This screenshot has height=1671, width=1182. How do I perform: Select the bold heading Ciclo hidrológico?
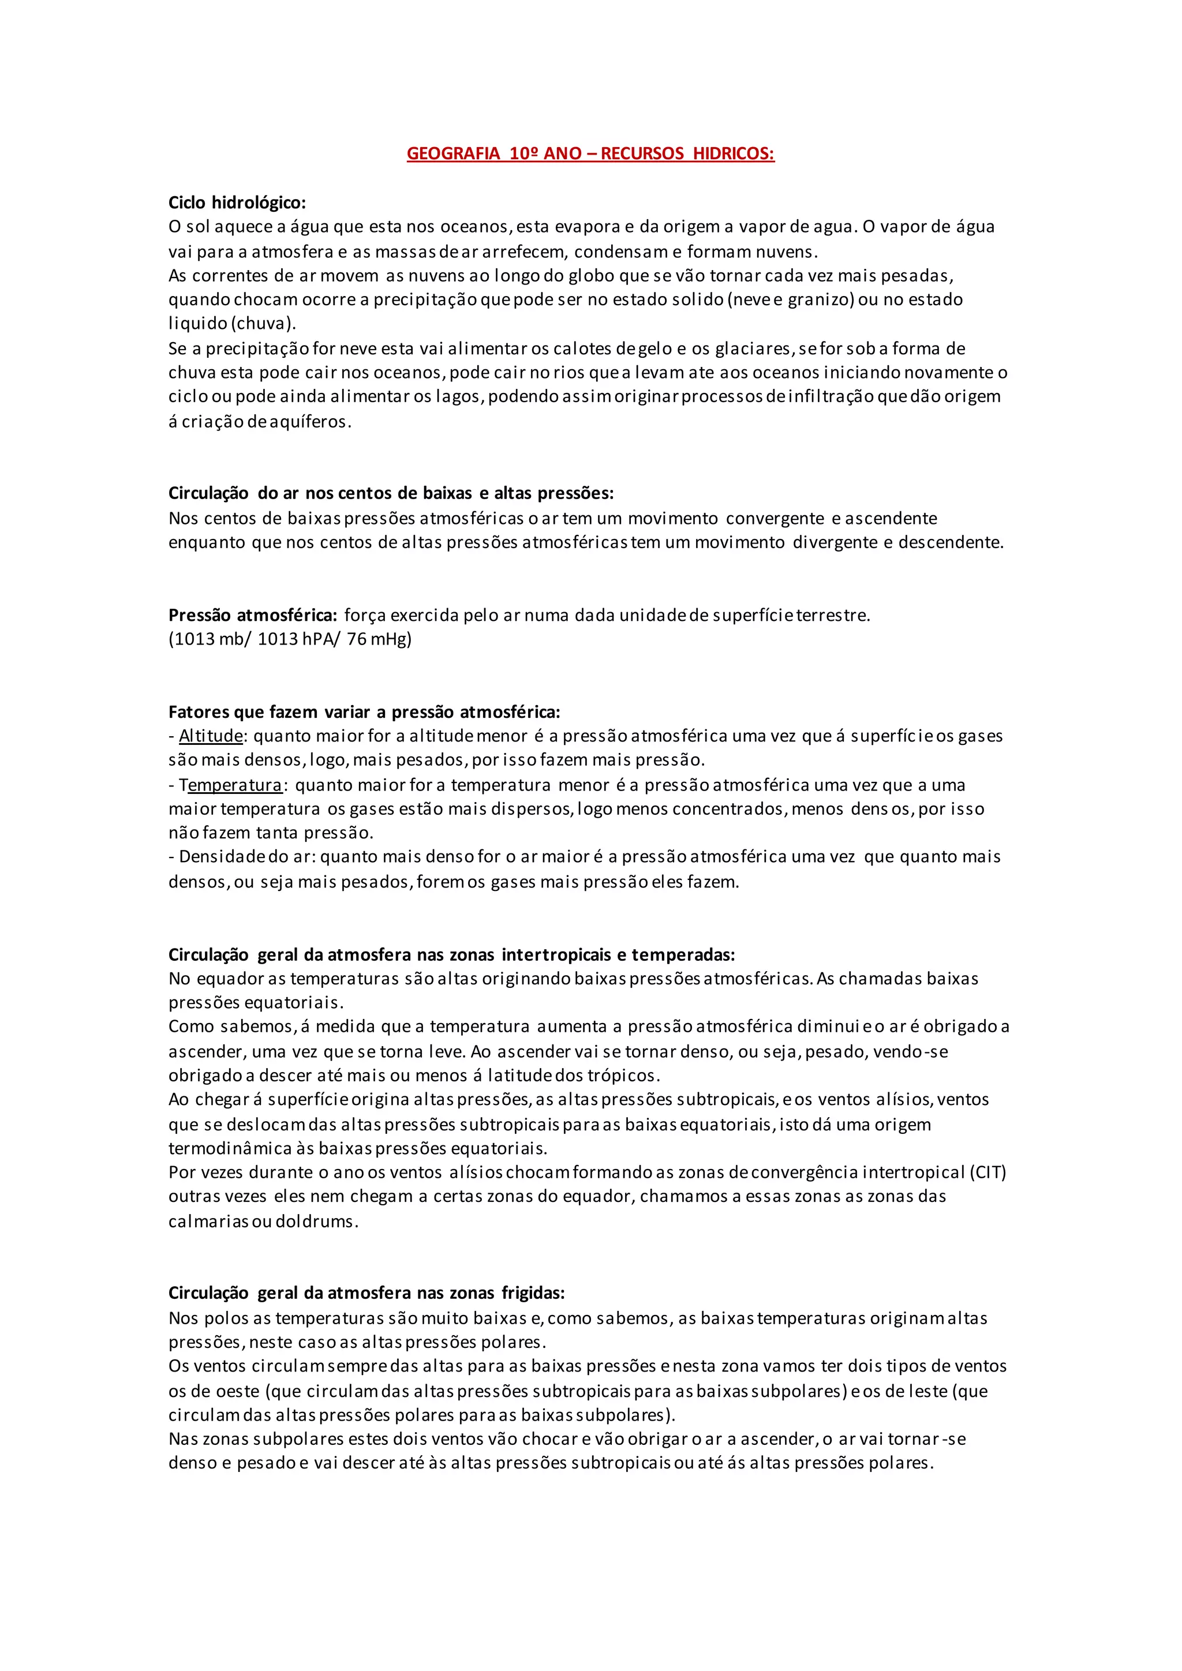(x=237, y=203)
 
